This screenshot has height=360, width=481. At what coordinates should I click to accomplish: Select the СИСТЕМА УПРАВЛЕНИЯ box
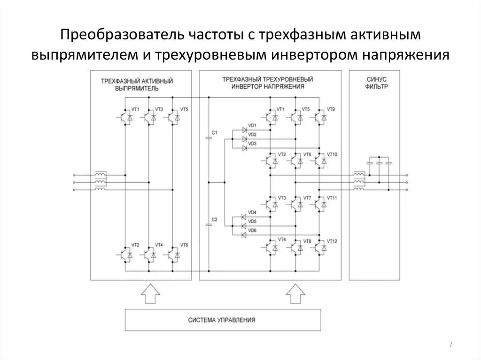click(223, 320)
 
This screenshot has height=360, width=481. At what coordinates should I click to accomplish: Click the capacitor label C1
click(214, 133)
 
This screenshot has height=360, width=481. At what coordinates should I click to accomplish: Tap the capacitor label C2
click(214, 219)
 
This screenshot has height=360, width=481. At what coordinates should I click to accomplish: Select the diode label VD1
click(252, 125)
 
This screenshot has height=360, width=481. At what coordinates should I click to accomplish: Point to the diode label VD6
click(252, 230)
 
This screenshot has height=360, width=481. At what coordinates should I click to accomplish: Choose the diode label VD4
click(252, 213)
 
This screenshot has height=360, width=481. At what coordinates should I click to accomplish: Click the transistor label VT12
click(332, 241)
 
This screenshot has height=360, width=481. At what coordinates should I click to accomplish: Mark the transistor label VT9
click(331, 109)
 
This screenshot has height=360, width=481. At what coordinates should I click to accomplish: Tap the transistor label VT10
click(332, 154)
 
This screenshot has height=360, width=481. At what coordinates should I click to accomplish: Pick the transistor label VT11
click(332, 198)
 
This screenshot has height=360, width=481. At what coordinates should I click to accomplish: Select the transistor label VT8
click(307, 241)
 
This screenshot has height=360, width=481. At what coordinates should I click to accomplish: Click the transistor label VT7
click(307, 198)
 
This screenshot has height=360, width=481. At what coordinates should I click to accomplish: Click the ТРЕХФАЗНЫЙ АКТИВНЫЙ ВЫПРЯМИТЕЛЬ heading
click(137, 84)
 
